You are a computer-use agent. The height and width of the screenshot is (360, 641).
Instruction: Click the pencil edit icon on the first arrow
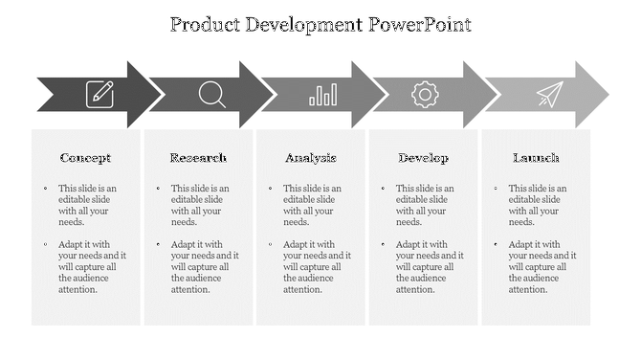coord(100,94)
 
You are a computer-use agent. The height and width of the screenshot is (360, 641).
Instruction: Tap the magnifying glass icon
coord(211,94)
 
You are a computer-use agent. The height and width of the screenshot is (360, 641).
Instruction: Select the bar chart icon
coord(322,94)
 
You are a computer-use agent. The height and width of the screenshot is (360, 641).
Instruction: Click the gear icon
coord(424,94)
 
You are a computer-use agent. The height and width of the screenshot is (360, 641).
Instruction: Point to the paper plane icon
coord(549,94)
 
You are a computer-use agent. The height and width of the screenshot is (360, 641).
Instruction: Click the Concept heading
coord(85,158)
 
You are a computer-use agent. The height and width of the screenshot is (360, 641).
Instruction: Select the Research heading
coord(198,158)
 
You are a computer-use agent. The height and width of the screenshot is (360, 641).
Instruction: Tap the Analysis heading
coord(310,158)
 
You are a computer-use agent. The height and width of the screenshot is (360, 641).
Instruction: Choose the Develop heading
coord(423,158)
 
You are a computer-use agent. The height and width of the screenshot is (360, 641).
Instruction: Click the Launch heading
coord(536,158)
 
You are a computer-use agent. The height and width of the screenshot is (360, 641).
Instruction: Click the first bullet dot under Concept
coord(44,189)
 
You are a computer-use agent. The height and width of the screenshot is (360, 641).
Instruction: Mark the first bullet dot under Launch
coord(495,189)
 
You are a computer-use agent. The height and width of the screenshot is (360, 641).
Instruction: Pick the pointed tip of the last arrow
coord(608,94)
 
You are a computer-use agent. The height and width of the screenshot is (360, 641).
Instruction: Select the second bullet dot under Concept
coord(44,244)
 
